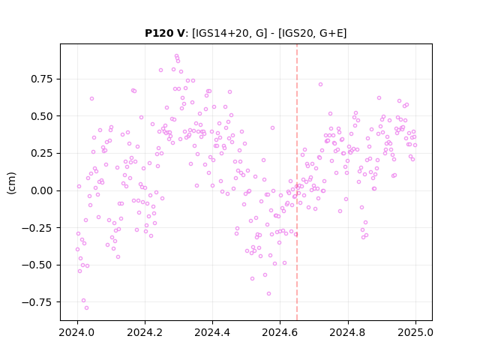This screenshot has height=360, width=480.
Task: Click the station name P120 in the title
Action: pyautogui.click(x=160, y=33)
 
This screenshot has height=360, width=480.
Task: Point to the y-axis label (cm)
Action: pyautogui.click(x=11, y=183)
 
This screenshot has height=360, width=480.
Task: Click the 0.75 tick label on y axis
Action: pyautogui.click(x=42, y=79)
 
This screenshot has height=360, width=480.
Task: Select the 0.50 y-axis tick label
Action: pyautogui.click(x=42, y=116)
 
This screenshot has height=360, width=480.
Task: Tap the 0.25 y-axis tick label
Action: pyautogui.click(x=42, y=153)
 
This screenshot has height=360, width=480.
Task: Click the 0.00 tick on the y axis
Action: pyautogui.click(x=42, y=190)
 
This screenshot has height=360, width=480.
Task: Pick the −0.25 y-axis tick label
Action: pyautogui.click(x=37, y=228)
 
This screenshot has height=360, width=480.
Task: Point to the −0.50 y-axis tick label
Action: pyautogui.click(x=37, y=265)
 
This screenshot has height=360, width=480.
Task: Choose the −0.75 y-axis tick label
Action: pyautogui.click(x=37, y=302)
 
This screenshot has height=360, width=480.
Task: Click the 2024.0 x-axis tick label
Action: pyautogui.click(x=77, y=332)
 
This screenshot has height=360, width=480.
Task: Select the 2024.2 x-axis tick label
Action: pyautogui.click(x=145, y=332)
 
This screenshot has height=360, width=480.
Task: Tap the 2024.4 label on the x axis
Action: pyautogui.click(x=212, y=332)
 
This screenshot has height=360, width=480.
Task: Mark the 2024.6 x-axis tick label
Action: pyautogui.click(x=280, y=332)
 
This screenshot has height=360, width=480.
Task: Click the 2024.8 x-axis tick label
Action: pyautogui.click(x=348, y=332)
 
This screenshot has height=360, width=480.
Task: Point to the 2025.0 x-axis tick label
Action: pyautogui.click(x=415, y=332)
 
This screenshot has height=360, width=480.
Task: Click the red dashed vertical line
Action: pyautogui.click(x=297, y=182)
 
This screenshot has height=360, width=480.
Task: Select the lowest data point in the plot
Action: pyautogui.click(x=87, y=308)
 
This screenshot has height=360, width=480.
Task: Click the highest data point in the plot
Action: pyautogui.click(x=177, y=56)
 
